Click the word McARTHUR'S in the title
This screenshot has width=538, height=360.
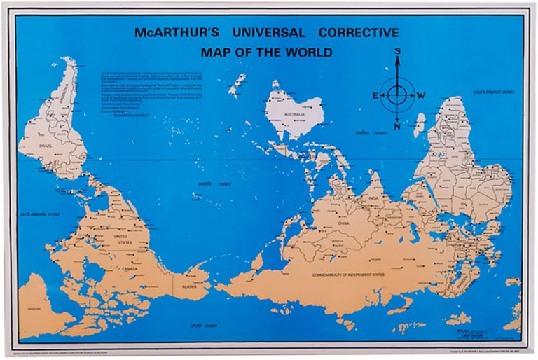[171, 33]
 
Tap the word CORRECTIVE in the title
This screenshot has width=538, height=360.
[359, 33]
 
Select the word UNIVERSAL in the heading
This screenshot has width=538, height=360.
[265, 33]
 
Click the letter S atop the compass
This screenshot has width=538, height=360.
[397, 51]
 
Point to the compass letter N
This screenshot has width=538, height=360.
[397, 127]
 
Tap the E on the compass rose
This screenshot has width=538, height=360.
[375, 95]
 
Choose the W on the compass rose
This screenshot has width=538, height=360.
[420, 95]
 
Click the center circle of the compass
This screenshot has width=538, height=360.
[397, 95]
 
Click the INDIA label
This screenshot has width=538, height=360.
[373, 198]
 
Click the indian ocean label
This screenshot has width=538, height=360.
[371, 132]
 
